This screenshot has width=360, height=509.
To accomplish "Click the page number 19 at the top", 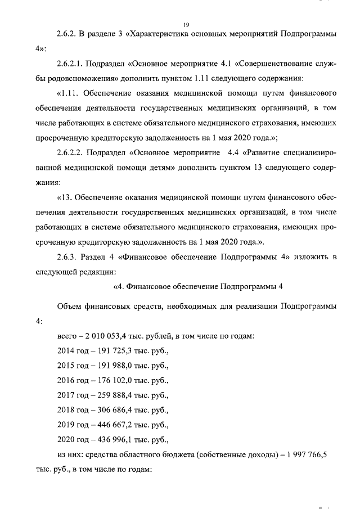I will (186, 24).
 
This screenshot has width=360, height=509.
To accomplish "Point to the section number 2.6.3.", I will (69, 258).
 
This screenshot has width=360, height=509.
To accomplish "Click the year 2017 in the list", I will (66, 395).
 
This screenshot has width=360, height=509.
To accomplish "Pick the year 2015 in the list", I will (66, 366).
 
